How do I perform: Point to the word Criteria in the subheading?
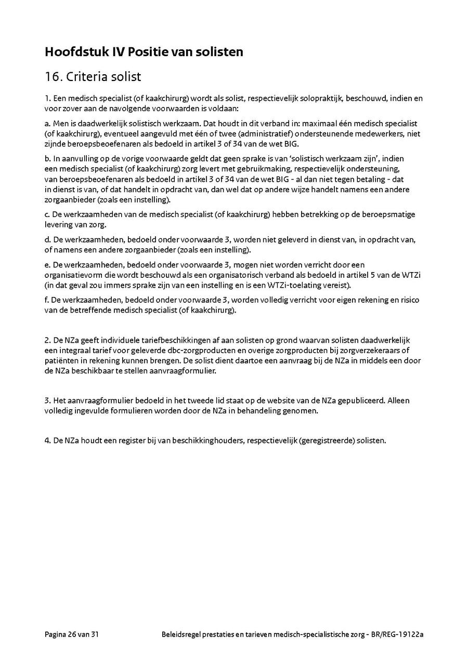click(87, 77)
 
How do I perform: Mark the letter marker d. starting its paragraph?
click(48, 240)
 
